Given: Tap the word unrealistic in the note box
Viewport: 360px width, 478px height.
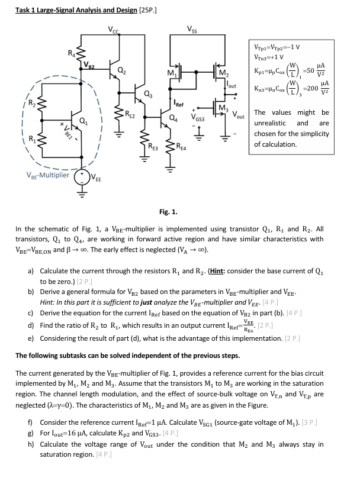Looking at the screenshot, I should (x=269, y=123).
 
